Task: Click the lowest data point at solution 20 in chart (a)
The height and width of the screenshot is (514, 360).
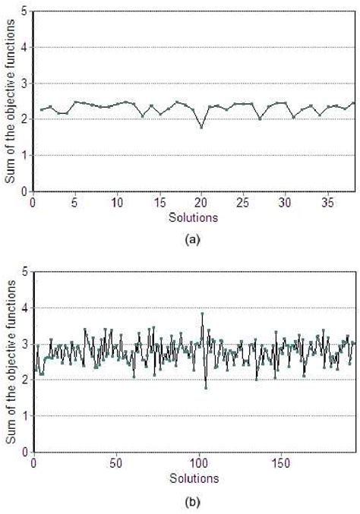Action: pyautogui.click(x=201, y=127)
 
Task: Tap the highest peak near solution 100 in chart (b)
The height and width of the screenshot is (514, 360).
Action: pyautogui.click(x=202, y=314)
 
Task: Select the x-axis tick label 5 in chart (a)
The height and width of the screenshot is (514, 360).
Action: pyautogui.click(x=74, y=203)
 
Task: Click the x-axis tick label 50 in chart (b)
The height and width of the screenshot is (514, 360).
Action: pyautogui.click(x=116, y=462)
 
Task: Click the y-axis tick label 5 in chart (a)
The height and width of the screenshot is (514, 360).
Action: pyautogui.click(x=26, y=12)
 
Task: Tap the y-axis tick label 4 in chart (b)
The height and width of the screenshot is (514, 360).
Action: pyautogui.click(x=26, y=308)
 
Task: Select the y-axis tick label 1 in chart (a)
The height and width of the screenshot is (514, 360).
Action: pyautogui.click(x=26, y=156)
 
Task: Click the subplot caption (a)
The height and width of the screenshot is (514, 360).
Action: pyautogui.click(x=193, y=238)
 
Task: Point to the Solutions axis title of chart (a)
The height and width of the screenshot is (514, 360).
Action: pyautogui.click(x=193, y=216)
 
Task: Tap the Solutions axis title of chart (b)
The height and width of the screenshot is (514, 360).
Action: pyautogui.click(x=193, y=478)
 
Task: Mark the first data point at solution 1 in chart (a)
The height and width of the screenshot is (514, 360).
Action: pyautogui.click(x=42, y=110)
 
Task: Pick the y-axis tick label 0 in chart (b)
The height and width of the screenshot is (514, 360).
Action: pyautogui.click(x=26, y=452)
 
